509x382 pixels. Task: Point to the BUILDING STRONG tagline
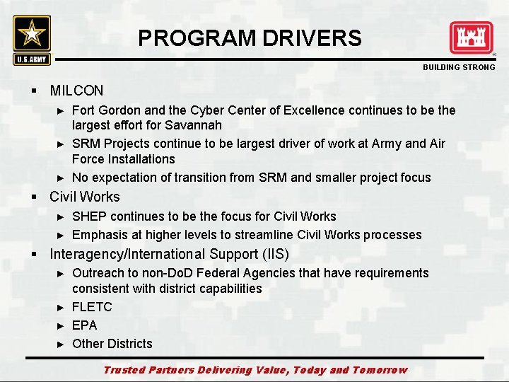459,67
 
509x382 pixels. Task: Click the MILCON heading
76,91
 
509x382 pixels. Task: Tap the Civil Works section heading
85,197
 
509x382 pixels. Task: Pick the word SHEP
88,216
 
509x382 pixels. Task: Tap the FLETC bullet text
92,307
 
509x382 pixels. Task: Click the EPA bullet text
85,325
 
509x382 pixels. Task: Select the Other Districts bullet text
112,344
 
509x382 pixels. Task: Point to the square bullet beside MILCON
33,91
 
